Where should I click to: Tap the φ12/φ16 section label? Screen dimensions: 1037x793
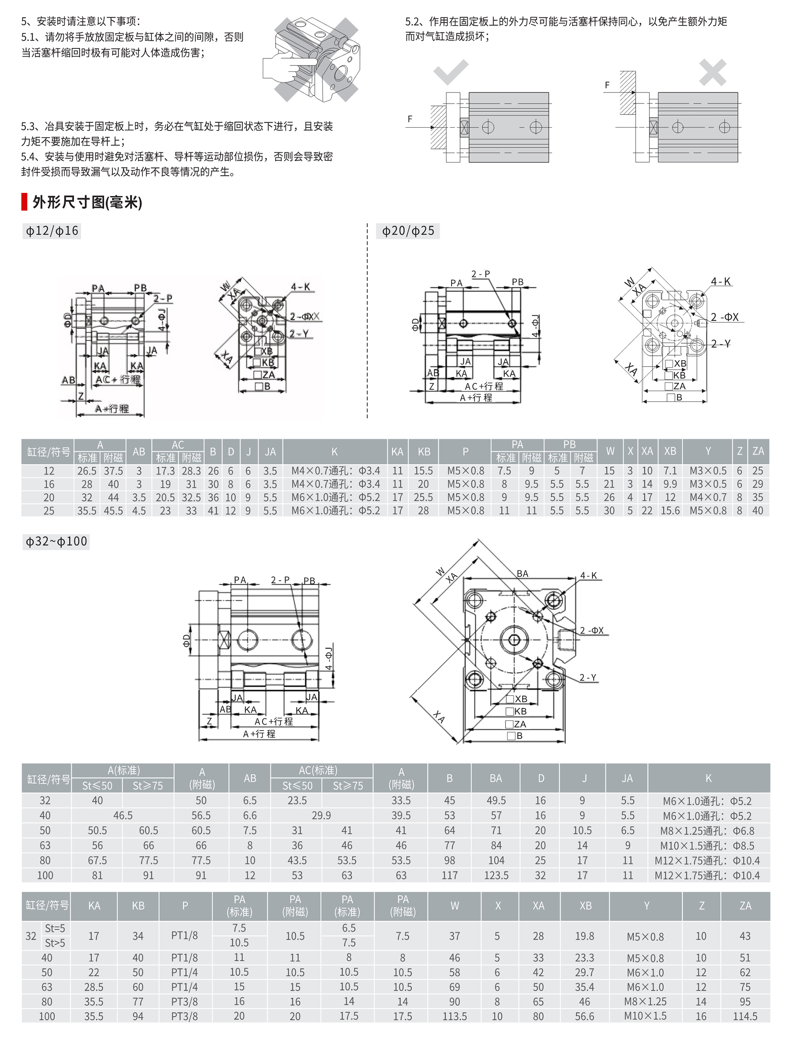tap(52, 231)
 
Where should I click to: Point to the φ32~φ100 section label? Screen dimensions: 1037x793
tap(56, 541)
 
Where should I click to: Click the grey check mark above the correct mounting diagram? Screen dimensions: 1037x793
tap(451, 72)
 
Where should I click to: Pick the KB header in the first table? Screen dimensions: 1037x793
tap(424, 451)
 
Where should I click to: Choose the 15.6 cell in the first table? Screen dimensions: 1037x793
tap(670, 510)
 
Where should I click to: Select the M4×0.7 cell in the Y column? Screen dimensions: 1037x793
tap(708, 497)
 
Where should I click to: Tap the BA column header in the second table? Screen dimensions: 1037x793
tap(496, 778)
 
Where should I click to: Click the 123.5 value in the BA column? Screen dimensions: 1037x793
tap(496, 875)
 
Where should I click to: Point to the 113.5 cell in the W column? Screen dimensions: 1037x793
tap(454, 1016)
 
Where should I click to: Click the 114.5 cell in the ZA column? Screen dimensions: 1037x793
tap(745, 1016)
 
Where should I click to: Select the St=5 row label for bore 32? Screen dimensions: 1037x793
tap(55, 928)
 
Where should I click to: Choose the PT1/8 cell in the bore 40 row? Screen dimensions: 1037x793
tap(184, 958)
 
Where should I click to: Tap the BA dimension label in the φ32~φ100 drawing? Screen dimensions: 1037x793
tap(522, 574)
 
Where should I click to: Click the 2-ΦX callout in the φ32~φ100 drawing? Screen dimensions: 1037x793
tap(592, 630)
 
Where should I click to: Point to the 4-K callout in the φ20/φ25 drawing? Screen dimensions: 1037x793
tap(720, 282)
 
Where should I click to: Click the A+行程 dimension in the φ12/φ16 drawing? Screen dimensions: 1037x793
tap(112, 409)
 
